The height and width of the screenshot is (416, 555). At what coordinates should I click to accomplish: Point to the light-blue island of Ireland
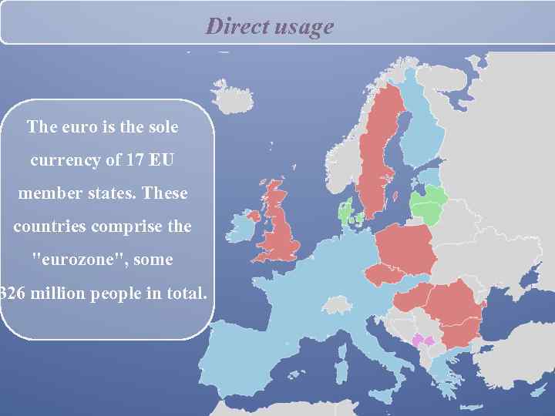click(244, 229)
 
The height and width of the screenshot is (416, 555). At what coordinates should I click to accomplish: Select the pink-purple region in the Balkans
click(423, 340)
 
